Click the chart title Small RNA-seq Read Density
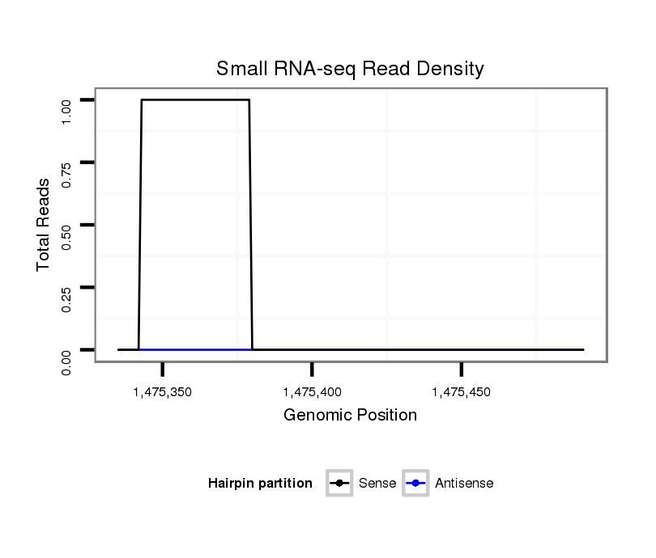pos(350,69)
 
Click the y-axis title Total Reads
pos(44,224)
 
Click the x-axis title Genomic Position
pos(350,416)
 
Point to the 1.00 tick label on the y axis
pos(67,110)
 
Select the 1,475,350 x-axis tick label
pos(163,392)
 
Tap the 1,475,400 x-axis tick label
pos(312,392)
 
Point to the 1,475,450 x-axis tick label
pos(461,392)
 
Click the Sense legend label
pos(377,484)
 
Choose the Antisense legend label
pos(464,484)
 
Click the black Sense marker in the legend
pos(339,484)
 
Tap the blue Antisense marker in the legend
pos(415,484)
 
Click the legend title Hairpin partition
pos(260,484)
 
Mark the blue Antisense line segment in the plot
pos(195,349)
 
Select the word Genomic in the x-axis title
pos(313,416)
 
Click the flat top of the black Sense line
pos(195,99)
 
